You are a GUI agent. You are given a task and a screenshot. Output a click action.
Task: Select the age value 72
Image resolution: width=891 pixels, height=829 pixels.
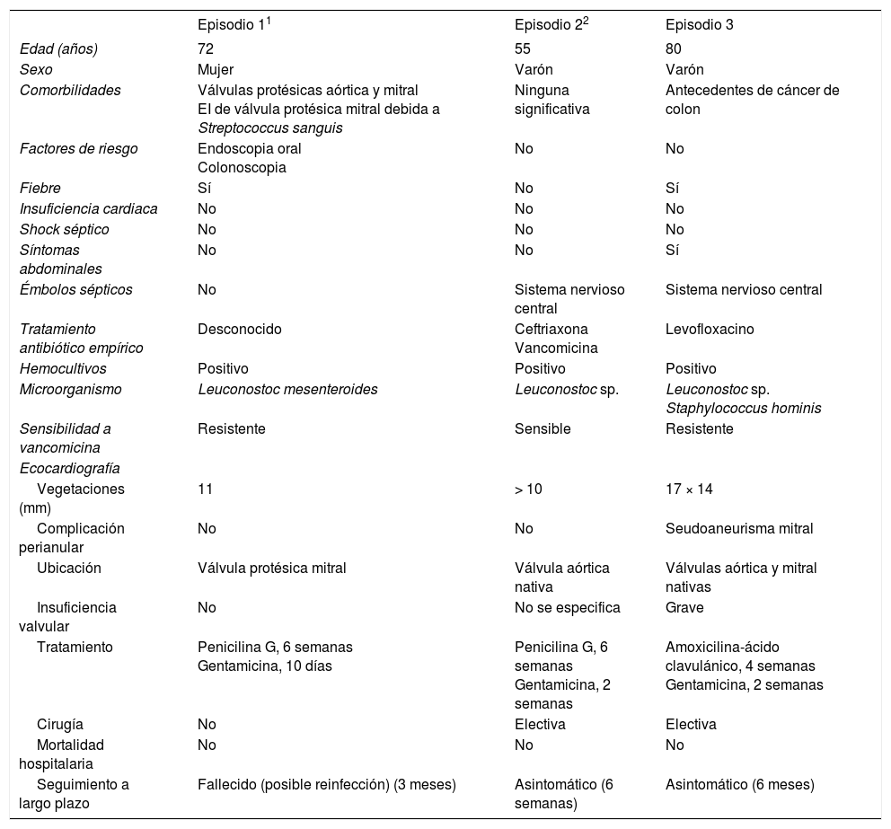point(206,49)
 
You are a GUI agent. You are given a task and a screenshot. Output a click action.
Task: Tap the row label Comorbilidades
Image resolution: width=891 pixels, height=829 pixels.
point(70,90)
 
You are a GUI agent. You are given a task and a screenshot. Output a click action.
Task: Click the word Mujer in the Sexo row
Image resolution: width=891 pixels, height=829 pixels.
point(216,69)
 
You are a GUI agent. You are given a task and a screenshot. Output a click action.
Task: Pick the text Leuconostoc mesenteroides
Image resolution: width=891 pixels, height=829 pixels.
point(287,389)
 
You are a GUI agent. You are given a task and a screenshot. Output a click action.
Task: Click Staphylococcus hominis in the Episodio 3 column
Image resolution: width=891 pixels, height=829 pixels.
point(743,408)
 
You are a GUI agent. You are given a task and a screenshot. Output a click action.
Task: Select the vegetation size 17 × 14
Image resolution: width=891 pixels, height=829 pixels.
point(692,489)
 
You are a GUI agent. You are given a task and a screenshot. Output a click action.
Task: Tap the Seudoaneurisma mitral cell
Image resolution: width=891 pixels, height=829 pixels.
point(739,528)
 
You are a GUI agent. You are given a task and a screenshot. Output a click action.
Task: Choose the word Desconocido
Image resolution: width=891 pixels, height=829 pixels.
point(239,329)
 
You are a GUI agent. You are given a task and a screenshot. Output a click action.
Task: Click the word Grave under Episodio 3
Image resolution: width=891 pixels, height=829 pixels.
point(684,607)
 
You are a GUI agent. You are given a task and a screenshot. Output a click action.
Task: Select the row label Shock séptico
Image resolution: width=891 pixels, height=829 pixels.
point(64,229)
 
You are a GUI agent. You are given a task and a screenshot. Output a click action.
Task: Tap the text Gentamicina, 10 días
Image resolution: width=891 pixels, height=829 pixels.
point(264,666)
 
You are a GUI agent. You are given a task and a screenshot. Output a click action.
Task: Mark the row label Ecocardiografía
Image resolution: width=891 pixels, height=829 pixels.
point(69,468)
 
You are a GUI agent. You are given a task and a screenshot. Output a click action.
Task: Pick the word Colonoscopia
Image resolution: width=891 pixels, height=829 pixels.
point(242,167)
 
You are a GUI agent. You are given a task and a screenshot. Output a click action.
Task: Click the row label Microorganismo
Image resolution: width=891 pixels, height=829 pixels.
point(70,389)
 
